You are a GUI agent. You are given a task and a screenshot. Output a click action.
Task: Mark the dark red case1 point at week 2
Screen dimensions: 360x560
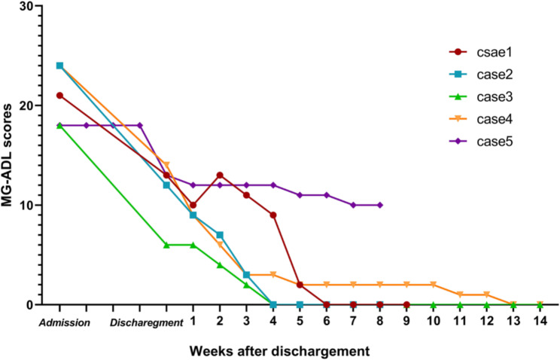pos(220,175)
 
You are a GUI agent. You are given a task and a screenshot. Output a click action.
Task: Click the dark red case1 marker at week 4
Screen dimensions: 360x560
pos(273,215)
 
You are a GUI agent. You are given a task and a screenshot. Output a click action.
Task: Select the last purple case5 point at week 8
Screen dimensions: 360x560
pos(380,205)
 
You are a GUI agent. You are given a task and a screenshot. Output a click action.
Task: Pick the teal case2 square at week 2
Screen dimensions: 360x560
pos(220,235)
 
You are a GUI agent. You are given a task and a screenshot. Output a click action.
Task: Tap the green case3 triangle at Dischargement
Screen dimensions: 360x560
pos(166,245)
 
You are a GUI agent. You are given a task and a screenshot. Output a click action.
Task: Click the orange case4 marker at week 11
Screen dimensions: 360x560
pos(460,294)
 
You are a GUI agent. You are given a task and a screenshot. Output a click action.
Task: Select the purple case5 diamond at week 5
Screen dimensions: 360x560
pos(300,195)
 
